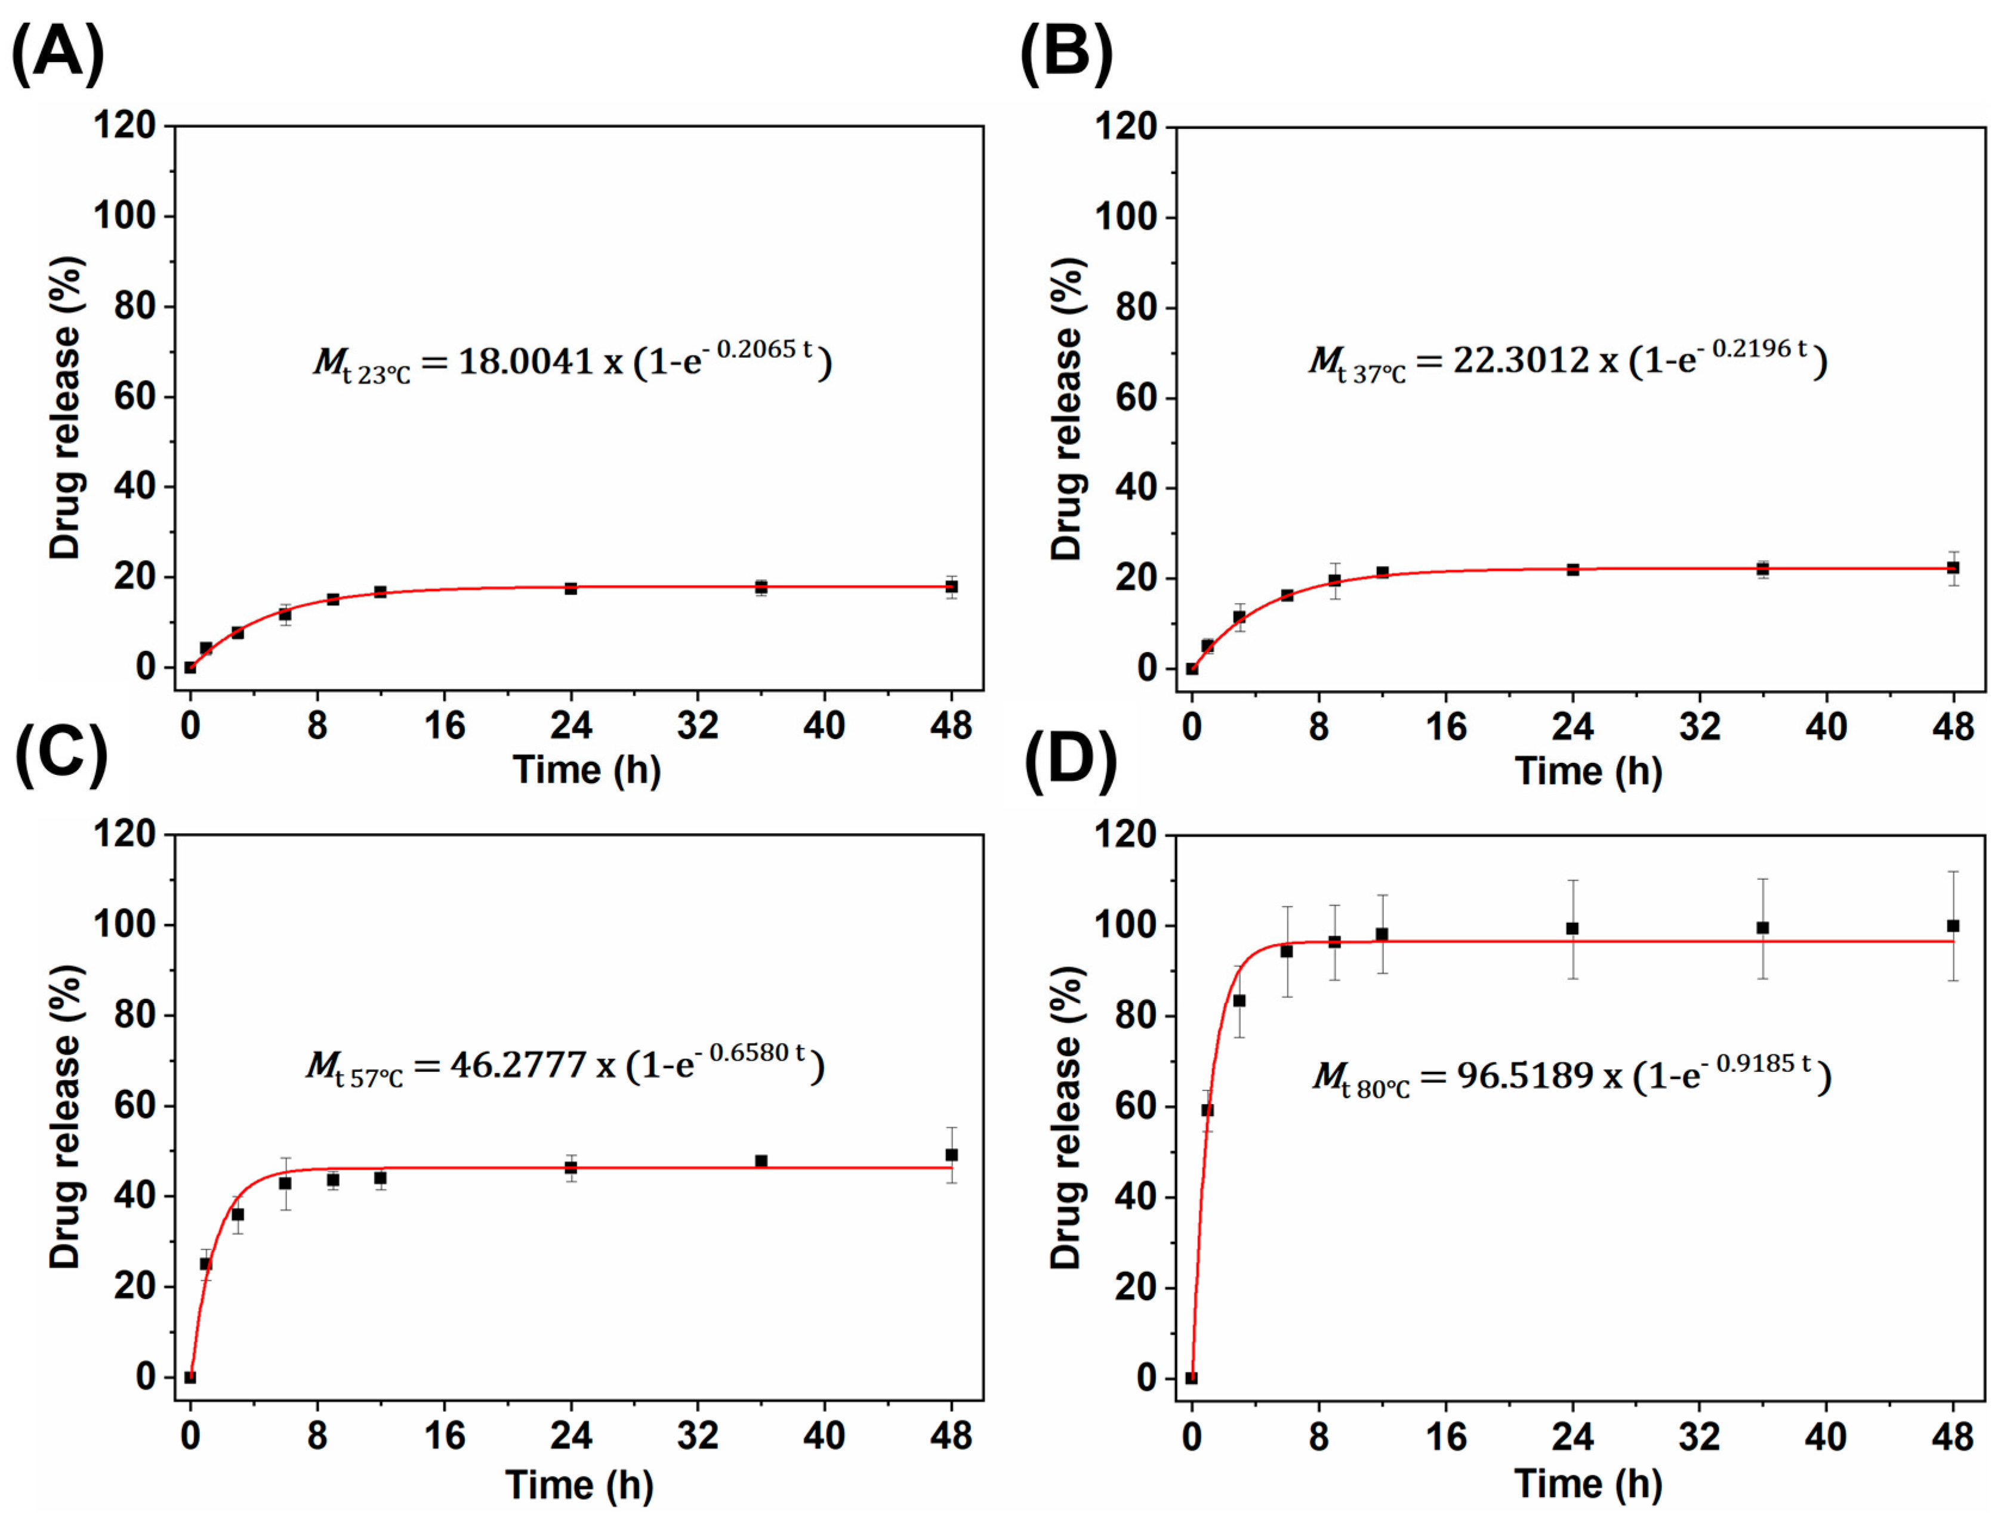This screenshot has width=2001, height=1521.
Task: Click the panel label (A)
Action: (57, 52)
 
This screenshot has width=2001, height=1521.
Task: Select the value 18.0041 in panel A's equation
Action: (525, 362)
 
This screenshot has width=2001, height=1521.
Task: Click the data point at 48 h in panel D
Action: (1953, 926)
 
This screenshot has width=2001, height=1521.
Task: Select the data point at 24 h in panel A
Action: (571, 589)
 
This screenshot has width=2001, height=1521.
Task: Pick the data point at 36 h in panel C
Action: (761, 1161)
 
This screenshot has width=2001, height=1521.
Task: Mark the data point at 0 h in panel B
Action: (1192, 669)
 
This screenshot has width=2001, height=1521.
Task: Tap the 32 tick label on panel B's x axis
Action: (1700, 727)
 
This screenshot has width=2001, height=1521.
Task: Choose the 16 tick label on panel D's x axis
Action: (1446, 1437)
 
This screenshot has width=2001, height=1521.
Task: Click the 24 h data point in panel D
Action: (1573, 929)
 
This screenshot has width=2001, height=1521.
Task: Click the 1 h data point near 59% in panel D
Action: (1207, 1110)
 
